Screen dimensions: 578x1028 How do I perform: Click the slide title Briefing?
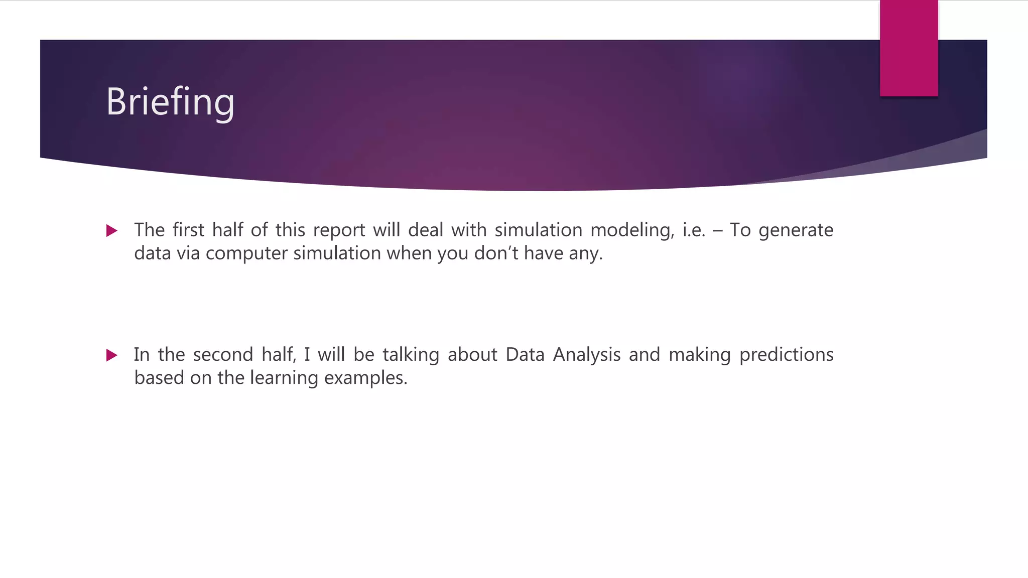click(x=170, y=102)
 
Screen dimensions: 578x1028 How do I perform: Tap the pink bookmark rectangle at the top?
click(x=909, y=48)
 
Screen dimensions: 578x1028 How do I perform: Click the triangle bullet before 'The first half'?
click(x=112, y=231)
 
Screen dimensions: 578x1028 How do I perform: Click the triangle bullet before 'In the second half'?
click(x=112, y=356)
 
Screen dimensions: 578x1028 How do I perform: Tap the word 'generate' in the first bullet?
click(x=796, y=230)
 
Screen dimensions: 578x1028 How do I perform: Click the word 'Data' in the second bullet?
click(x=525, y=355)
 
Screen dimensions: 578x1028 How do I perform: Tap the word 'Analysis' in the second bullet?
click(x=587, y=355)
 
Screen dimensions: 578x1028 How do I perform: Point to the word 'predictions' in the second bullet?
click(x=786, y=355)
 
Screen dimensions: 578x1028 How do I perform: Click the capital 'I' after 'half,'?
click(x=307, y=355)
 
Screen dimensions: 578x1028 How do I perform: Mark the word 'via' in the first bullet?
click(x=188, y=253)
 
